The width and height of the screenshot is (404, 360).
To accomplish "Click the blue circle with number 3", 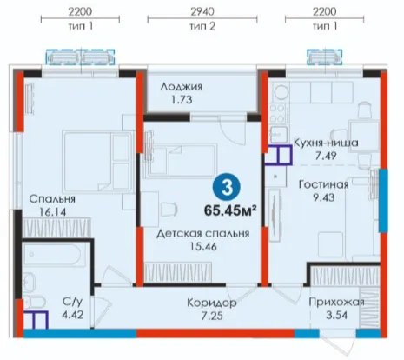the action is point(227,188).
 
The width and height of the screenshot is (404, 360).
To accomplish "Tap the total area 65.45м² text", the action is point(230,210).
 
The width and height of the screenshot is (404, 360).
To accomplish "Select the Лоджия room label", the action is point(182,87).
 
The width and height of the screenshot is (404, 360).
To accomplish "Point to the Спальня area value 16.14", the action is point(53,212).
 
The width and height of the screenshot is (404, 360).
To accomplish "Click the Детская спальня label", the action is point(203,234).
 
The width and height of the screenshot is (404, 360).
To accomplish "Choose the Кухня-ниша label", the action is point(326,143).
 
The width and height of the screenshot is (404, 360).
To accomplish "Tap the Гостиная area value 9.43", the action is point(324,197).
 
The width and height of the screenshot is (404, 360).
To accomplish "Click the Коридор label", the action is point(212,303).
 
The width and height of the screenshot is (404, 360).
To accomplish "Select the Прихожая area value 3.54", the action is point(336,315).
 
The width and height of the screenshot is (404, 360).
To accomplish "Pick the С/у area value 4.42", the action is point(72,315).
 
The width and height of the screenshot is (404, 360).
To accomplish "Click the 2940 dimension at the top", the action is point(202,11).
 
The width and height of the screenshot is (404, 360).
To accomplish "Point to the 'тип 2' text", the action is point(202,26).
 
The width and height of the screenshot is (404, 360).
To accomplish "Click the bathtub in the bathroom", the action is point(52,255).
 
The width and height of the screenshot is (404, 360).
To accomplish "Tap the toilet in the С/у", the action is point(34,303).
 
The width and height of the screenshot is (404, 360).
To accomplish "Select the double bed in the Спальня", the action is point(97,162).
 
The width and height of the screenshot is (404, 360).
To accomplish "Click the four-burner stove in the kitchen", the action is point(278,114).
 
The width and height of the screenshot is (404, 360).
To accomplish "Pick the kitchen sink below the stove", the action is point(278,134).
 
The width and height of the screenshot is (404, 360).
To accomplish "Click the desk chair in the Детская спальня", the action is point(169,209).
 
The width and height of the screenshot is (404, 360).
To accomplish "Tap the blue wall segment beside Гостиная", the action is point(383,201).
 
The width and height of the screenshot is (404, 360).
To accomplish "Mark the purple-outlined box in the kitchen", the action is point(278,155).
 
